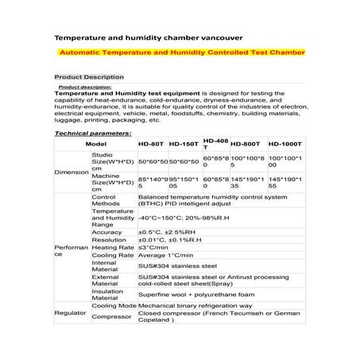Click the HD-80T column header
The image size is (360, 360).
coord(151,144)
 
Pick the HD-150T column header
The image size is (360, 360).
coord(184,144)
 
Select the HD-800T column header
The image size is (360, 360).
coord(247,144)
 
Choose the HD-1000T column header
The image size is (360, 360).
coord(284,144)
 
